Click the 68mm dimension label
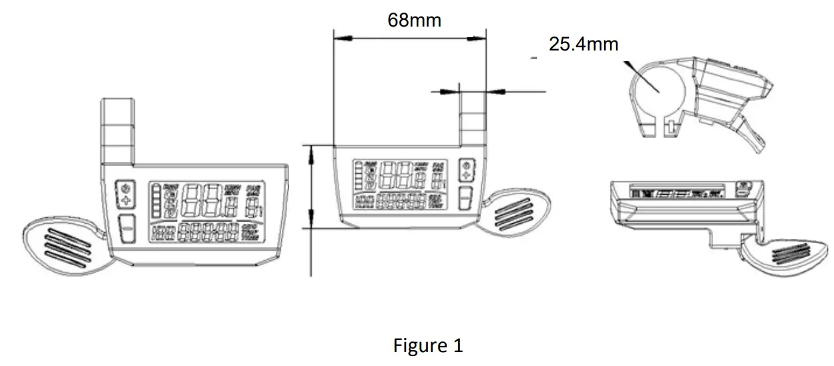point(415,20)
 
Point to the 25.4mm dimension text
point(583,45)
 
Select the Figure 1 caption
point(428,345)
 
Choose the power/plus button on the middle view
point(466,170)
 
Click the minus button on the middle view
point(466,198)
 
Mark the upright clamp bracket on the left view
point(118,130)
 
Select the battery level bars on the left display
point(155,202)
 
